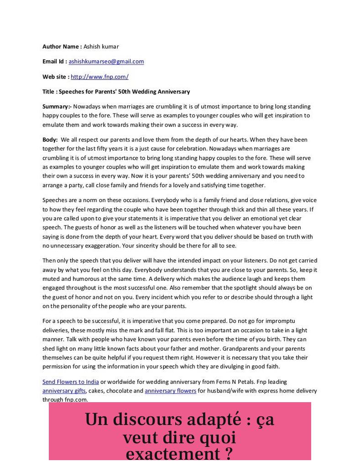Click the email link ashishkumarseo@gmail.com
(106, 62)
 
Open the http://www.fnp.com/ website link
(99, 77)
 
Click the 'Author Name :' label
(62, 47)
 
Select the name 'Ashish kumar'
(101, 47)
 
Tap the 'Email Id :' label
(55, 62)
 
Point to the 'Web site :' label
(56, 77)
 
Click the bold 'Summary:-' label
(57, 106)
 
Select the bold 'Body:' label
(50, 140)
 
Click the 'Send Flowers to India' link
(71, 382)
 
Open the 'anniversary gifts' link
(64, 391)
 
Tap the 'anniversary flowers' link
(170, 391)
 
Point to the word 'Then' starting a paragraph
(49, 261)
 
